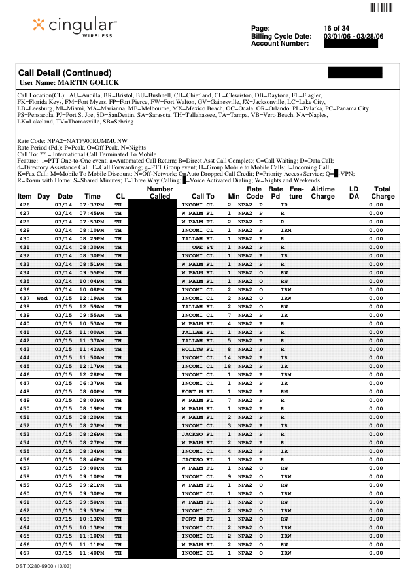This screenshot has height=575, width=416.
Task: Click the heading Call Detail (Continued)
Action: click(x=65, y=73)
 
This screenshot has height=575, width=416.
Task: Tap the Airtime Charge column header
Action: click(x=322, y=192)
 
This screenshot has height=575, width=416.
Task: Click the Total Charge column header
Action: click(x=383, y=192)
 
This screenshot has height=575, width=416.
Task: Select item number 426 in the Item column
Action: click(x=24, y=205)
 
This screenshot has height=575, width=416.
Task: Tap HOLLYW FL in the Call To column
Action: click(x=198, y=349)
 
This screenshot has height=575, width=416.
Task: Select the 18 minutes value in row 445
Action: click(x=228, y=366)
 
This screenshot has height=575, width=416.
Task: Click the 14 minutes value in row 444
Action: click(x=228, y=357)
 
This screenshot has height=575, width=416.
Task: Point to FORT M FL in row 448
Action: click(x=198, y=391)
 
